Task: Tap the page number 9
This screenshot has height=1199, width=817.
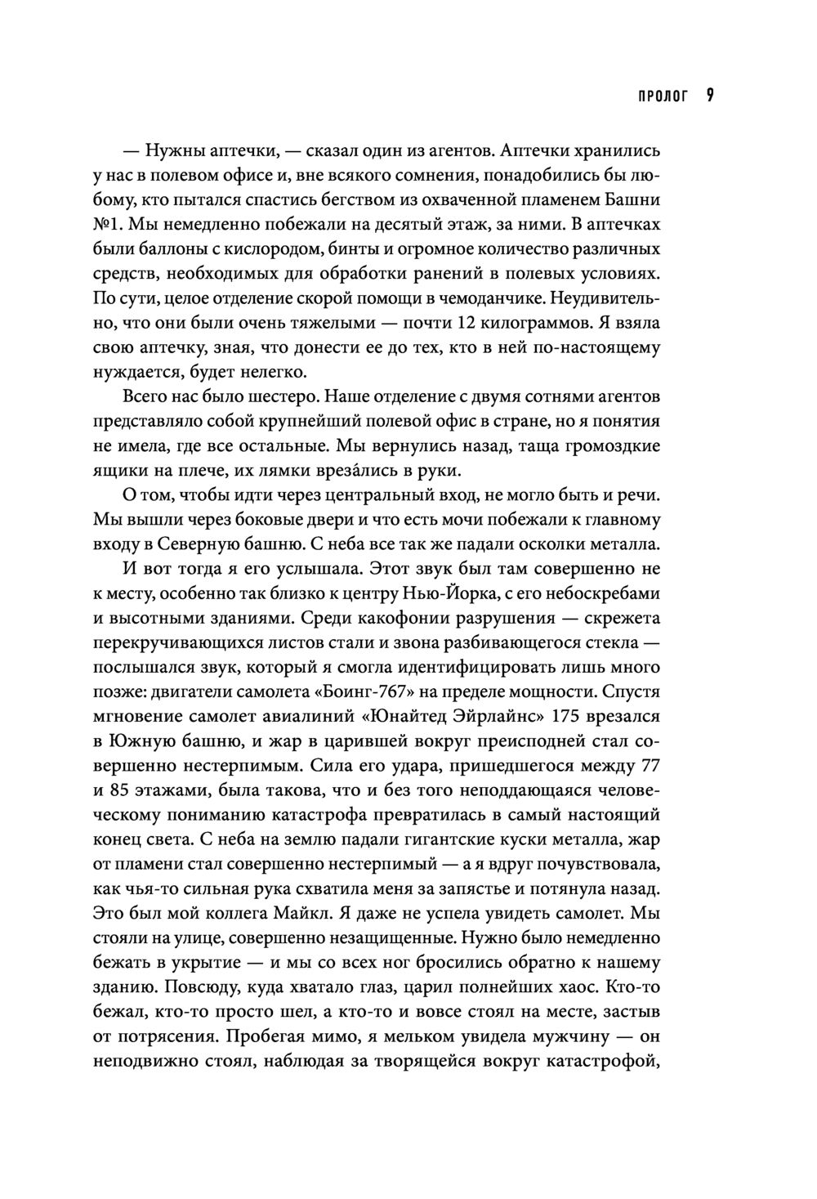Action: coord(710,96)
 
